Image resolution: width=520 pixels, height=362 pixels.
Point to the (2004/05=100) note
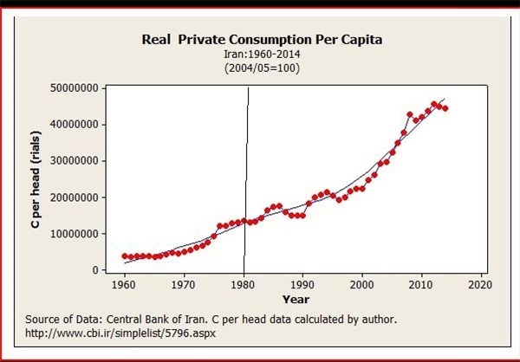(260, 67)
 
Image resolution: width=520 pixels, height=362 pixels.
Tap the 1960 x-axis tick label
(124, 284)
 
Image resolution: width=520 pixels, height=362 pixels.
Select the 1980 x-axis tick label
(244, 284)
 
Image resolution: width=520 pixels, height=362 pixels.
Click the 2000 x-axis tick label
(361, 284)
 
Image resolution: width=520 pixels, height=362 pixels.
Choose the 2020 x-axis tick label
(480, 284)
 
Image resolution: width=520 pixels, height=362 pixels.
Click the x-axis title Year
(296, 299)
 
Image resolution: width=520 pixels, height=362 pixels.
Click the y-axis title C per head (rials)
(36, 179)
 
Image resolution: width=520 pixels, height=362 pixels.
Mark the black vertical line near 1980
(245, 173)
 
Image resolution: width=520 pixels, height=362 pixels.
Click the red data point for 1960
(124, 256)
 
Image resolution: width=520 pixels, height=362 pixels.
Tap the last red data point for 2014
(445, 108)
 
